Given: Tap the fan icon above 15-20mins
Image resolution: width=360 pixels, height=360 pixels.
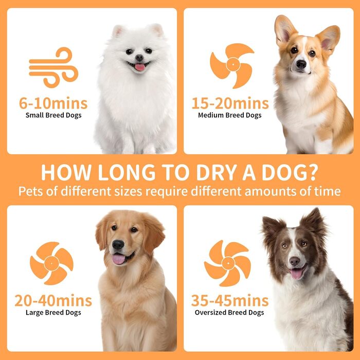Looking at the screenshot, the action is tap(232, 65).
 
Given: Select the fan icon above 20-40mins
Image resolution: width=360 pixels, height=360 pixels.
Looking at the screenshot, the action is tap(51, 263).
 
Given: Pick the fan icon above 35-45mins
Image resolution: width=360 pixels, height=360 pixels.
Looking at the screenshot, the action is tap(228, 263).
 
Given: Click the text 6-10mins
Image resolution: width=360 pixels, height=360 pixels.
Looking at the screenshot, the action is tap(53, 103).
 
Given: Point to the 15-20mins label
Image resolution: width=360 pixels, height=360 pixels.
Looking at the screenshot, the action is tap(230, 103).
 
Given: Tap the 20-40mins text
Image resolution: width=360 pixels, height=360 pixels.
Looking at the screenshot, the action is tap(53, 301).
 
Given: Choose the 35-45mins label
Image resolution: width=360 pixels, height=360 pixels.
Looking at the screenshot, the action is tap(230, 301).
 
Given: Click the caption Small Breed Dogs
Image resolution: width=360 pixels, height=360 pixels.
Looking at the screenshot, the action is tap(53, 115).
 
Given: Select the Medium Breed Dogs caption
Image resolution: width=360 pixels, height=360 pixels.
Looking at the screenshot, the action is tap(230, 115).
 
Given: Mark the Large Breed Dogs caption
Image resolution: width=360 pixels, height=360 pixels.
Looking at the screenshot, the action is tap(53, 313).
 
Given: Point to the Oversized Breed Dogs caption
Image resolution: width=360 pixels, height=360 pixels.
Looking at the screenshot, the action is tap(229, 313).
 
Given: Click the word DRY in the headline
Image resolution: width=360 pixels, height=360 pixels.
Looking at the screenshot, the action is tap(217, 172).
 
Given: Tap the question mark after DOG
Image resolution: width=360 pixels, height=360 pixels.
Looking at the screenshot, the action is tap(312, 172).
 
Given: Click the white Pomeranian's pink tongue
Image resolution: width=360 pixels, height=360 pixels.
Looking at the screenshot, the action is tap(140, 67).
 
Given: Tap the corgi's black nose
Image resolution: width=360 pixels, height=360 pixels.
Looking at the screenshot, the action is tap(301, 64).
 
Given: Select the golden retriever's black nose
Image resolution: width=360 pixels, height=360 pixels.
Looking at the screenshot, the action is tap(118, 244).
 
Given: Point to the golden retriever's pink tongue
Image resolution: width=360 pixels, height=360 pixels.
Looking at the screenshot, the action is tap(118, 259).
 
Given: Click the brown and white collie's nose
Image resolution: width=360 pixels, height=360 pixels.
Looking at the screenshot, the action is tap(295, 261).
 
